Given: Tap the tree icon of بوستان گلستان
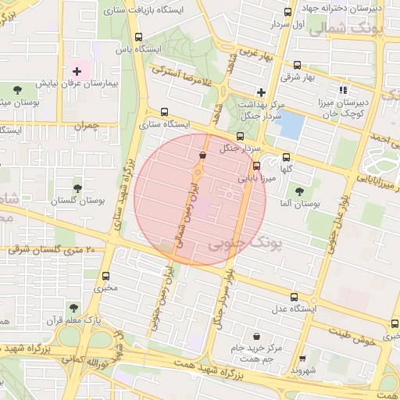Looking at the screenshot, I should (77, 188).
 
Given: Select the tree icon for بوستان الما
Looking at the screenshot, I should (299, 191).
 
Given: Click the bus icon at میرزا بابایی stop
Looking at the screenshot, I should (256, 166).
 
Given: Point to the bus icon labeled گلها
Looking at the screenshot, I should (286, 157).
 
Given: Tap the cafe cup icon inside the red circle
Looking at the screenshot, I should (203, 155).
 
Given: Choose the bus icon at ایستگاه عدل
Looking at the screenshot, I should (294, 297).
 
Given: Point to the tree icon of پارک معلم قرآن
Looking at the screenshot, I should (73, 308).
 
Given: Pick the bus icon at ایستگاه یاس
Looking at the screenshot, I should (139, 37).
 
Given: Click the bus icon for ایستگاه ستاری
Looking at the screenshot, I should (164, 112).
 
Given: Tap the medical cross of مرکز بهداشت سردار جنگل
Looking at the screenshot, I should (261, 92).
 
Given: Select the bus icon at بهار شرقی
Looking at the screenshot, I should (297, 66).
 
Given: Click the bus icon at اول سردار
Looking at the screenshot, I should (287, 12).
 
